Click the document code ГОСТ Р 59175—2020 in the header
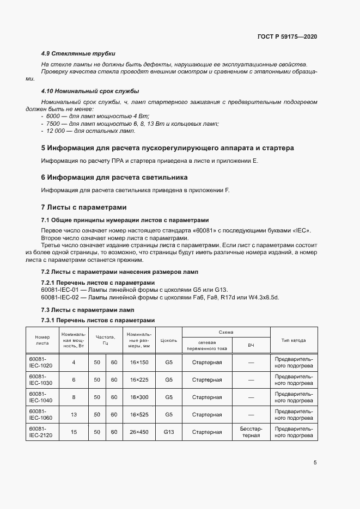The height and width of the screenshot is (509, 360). click(x=287, y=36)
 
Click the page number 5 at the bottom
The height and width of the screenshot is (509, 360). click(x=315, y=463)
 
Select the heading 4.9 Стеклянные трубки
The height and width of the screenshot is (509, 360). click(x=78, y=53)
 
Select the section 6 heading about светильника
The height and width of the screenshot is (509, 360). click(x=114, y=177)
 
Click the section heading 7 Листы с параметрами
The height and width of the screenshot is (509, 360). click(x=84, y=207)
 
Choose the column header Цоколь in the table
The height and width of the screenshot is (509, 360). click(x=169, y=340)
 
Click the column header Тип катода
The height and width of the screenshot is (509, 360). click(x=293, y=340)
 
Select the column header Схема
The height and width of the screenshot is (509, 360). click(x=226, y=332)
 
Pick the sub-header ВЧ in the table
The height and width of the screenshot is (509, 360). click(x=251, y=345)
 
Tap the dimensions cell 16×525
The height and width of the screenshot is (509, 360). click(x=140, y=414)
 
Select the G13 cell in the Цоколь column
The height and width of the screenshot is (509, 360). click(x=169, y=432)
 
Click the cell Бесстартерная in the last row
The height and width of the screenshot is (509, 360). click(x=251, y=432)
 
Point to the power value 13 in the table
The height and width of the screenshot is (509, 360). click(x=74, y=414)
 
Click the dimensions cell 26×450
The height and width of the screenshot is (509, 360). click(x=140, y=432)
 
